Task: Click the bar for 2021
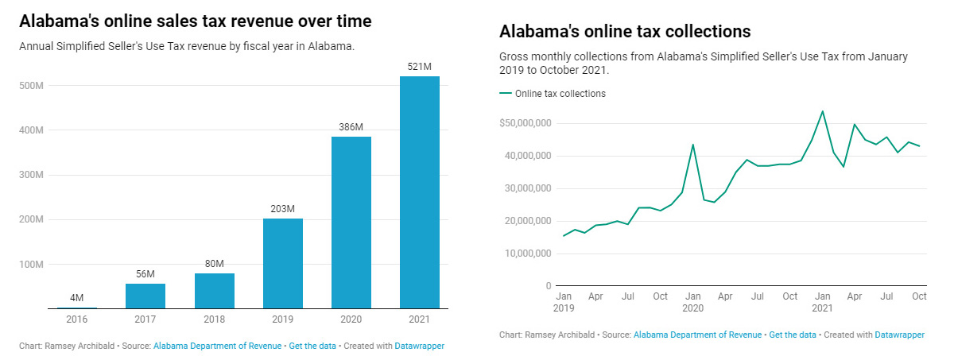(419, 192)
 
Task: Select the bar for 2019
(282, 263)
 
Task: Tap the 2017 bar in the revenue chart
(145, 296)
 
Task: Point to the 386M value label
(351, 127)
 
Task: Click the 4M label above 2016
(77, 298)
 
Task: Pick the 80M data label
(214, 264)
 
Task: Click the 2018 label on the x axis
(214, 319)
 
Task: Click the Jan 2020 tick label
(692, 302)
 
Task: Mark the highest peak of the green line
(822, 111)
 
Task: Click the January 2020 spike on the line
(692, 145)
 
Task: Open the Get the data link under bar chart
(312, 346)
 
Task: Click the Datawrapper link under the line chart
(899, 335)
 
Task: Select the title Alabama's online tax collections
(625, 32)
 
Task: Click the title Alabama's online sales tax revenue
(196, 21)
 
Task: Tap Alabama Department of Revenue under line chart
(697, 335)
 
